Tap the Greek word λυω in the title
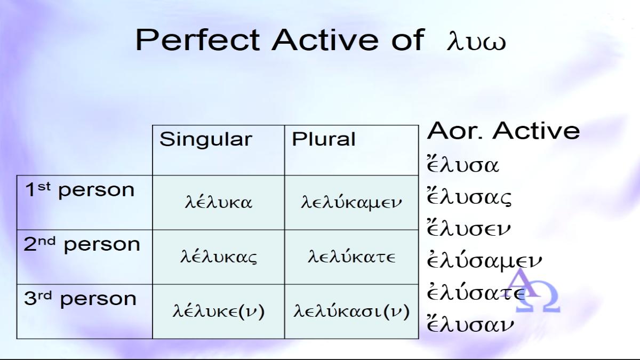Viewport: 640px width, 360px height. coord(476,42)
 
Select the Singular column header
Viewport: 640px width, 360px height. coord(206,139)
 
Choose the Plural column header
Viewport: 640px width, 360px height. coord(323,139)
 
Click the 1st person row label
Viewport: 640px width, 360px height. coord(79,190)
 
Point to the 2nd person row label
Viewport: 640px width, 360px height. coord(82,244)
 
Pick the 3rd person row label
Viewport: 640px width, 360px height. coord(80,299)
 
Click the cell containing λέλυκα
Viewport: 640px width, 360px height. coord(219,202)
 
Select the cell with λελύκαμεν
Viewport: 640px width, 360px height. coord(351,202)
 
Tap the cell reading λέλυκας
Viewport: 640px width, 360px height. coord(219,257)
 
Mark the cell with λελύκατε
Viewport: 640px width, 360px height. coord(351,257)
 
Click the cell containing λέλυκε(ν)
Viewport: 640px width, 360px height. coord(219,311)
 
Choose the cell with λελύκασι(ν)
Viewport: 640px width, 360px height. coord(351,311)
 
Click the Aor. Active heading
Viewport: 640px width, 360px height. coord(503,131)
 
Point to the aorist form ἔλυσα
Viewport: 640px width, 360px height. coord(462,164)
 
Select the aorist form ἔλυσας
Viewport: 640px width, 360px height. coord(469,197)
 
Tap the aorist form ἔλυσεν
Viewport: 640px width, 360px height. coord(468,228)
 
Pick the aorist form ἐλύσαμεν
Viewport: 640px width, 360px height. coord(484,261)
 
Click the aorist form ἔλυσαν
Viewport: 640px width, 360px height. coord(470,323)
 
